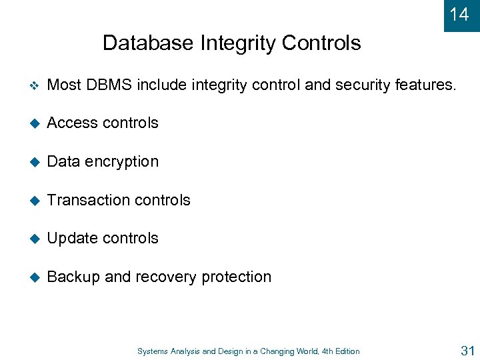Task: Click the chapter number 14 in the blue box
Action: coord(459,14)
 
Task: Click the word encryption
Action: coord(122,162)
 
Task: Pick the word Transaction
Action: coord(87,200)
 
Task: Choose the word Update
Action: coord(73,239)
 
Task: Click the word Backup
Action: coord(74,277)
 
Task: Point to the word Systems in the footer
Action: coord(153,351)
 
